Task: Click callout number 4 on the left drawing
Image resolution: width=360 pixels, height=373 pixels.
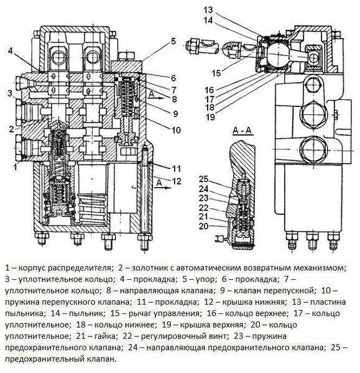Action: (11, 50)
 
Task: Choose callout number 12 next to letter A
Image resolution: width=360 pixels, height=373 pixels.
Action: (177, 181)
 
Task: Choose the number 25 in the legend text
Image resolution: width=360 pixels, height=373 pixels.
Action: (335, 347)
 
